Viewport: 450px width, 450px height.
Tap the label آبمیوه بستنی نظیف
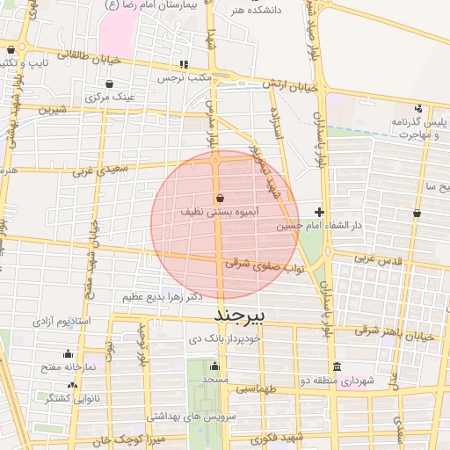pyautogui.click(x=219, y=213)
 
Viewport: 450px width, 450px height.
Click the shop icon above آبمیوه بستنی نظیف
pyautogui.click(x=219, y=199)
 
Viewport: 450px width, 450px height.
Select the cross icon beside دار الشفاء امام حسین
pyautogui.click(x=319, y=212)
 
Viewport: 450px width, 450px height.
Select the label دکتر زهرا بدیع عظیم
pyautogui.click(x=158, y=296)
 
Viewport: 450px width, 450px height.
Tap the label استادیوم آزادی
pyautogui.click(x=62, y=322)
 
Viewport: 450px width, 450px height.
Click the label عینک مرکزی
pyautogui.click(x=110, y=98)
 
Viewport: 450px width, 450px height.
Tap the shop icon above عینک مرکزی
pyautogui.click(x=109, y=84)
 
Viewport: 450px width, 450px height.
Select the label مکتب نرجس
pyautogui.click(x=185, y=77)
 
